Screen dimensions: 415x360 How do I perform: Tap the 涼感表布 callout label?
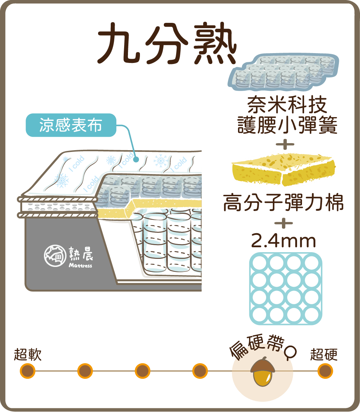point(71,125)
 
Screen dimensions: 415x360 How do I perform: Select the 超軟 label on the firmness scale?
point(28,355)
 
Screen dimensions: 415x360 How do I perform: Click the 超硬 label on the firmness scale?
point(324,355)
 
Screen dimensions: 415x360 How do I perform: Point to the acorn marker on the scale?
point(262,371)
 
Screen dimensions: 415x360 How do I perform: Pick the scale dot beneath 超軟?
point(27,371)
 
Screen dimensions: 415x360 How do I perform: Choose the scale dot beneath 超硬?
point(325,371)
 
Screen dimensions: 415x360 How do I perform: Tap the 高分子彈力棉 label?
point(283,204)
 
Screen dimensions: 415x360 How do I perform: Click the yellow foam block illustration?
point(283,168)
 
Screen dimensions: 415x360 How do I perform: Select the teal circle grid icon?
point(285,288)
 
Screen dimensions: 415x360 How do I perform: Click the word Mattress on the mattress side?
point(81,266)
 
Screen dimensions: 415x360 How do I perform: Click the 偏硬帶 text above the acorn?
point(256,347)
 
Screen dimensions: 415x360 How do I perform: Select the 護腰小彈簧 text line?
point(287,126)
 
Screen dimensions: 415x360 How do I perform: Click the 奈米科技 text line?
point(287,104)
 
